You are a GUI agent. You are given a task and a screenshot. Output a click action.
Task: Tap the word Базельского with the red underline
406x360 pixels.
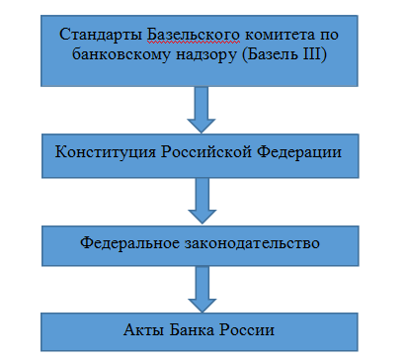pos(185,35)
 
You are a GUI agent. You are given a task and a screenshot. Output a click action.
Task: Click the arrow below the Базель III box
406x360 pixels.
pos(203,109)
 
